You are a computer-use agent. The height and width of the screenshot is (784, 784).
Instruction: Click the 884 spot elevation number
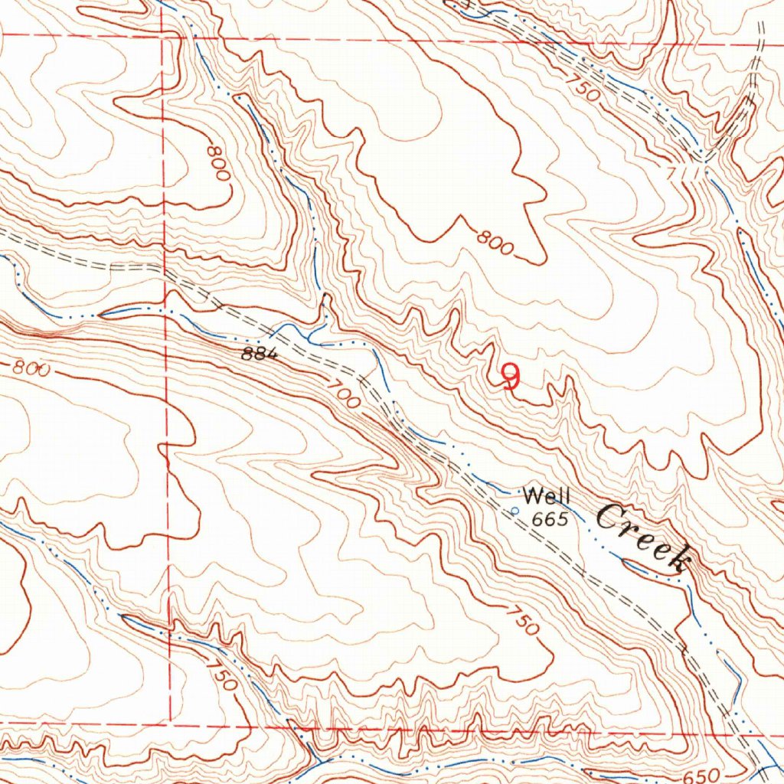point(257,354)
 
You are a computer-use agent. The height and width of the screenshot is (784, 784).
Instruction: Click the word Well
point(546,496)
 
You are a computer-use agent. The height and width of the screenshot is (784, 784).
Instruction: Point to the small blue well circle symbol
point(514,511)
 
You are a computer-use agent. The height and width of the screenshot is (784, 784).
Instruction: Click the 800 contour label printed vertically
point(217,160)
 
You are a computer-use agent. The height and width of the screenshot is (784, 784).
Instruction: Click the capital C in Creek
point(609,521)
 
